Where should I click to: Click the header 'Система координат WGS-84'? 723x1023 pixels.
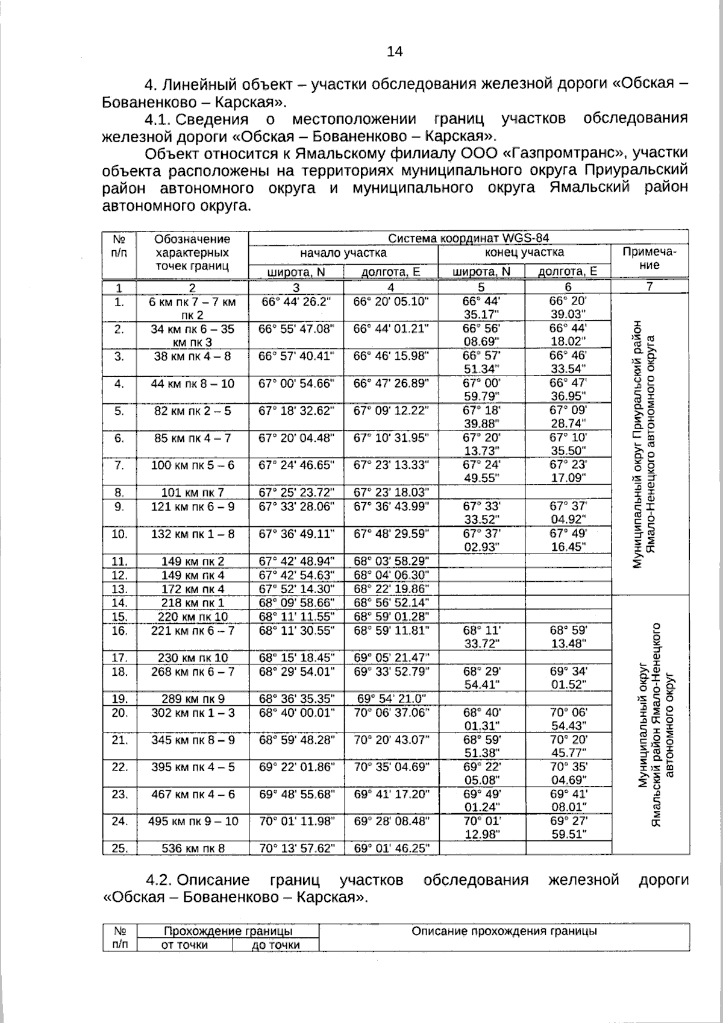click(x=468, y=238)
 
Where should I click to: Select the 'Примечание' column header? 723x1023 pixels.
click(x=649, y=258)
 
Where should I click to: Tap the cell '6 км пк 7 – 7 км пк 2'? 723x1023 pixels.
click(x=192, y=308)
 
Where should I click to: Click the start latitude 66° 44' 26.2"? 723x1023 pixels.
click(x=296, y=301)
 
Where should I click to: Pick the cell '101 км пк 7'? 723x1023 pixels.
click(x=192, y=493)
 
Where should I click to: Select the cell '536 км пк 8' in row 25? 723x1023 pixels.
click(x=192, y=848)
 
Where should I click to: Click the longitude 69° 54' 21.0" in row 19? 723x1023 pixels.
click(x=392, y=699)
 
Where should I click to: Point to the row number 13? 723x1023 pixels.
click(x=119, y=589)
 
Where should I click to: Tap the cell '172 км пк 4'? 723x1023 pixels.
click(x=192, y=589)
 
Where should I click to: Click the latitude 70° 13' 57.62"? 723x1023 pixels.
click(x=296, y=848)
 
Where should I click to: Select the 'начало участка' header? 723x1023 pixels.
click(x=343, y=253)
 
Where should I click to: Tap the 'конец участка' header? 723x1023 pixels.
click(x=524, y=253)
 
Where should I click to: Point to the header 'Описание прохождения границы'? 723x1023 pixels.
click(x=504, y=931)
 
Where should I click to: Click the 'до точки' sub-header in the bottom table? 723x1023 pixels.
click(x=275, y=945)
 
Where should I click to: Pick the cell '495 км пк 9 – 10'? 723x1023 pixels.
click(x=192, y=821)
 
